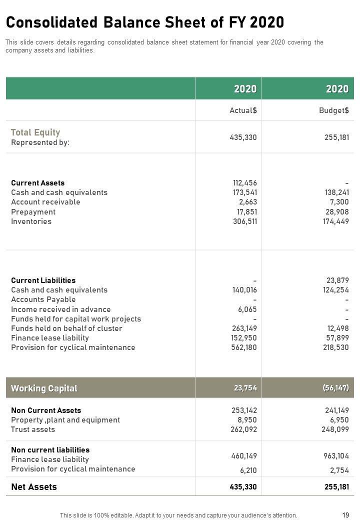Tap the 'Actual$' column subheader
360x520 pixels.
243,110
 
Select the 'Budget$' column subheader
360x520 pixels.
334,110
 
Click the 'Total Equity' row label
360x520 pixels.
35,132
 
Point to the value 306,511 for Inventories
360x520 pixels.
245,221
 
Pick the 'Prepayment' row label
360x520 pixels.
33,212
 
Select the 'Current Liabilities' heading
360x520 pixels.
43,280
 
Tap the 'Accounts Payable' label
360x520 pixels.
43,299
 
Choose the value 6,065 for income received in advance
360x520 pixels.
247,309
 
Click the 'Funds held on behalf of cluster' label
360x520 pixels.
66,328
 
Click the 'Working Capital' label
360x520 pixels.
44,388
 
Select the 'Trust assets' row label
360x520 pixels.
33,429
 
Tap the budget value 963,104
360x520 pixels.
336,456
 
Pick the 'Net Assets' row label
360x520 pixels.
34,487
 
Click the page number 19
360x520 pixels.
345,515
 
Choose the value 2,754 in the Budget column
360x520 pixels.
339,470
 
